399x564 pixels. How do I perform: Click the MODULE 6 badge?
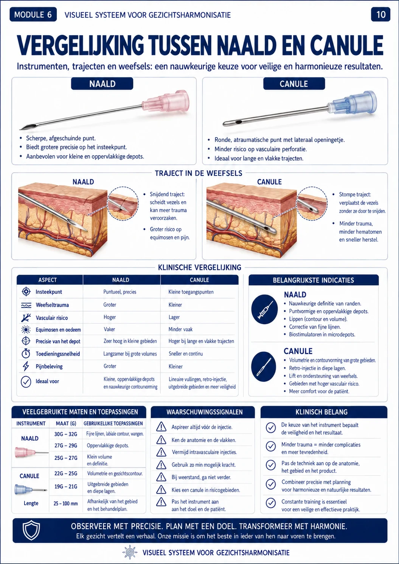pos(33,15)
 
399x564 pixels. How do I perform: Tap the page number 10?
pos(380,15)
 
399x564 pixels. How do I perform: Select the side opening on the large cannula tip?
pos(238,122)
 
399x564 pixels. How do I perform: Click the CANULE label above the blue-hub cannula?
pos(294,84)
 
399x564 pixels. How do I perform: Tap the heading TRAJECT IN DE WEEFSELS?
pos(199,173)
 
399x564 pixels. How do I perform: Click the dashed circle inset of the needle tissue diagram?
pos(123,204)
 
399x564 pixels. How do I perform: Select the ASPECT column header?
pos(48,280)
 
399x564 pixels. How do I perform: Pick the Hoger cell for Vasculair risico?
pos(110,317)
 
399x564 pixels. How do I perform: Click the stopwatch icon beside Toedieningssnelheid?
pos(26,354)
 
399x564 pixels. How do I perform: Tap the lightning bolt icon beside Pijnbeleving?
pos(26,366)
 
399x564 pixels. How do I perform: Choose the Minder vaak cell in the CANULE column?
pos(180,329)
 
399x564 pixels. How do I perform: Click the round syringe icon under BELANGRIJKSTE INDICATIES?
pos(264,309)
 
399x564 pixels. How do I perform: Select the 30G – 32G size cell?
pos(66,434)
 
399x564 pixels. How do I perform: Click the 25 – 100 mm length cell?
pos(66,503)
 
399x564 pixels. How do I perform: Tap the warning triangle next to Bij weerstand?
pos(161,477)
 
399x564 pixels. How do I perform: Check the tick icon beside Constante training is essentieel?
pos(271,503)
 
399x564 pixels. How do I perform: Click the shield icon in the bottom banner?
pos(31,530)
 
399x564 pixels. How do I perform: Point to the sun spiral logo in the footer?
pos(130,552)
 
